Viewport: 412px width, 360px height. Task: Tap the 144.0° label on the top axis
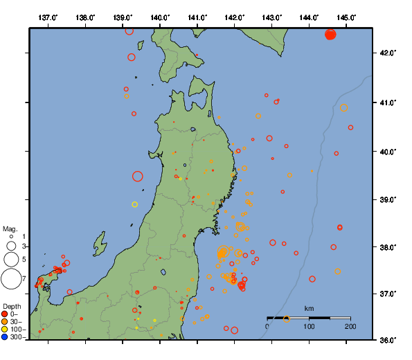(309, 17)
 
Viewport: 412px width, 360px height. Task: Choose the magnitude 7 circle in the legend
(11, 279)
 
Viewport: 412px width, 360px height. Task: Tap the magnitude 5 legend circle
(11, 259)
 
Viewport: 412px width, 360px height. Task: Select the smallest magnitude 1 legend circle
(11, 236)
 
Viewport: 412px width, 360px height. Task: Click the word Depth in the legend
(12, 306)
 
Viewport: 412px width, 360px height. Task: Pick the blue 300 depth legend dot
(6, 337)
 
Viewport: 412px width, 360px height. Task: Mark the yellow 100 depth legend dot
(6, 330)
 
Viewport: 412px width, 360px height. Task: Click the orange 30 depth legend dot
(6, 322)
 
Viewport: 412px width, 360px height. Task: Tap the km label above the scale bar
(309, 308)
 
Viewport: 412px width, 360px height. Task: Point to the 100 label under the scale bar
(309, 326)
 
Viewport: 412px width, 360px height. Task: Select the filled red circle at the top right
(330, 35)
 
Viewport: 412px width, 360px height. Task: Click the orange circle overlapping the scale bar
(287, 318)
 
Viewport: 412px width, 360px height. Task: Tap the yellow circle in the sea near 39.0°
(135, 204)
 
